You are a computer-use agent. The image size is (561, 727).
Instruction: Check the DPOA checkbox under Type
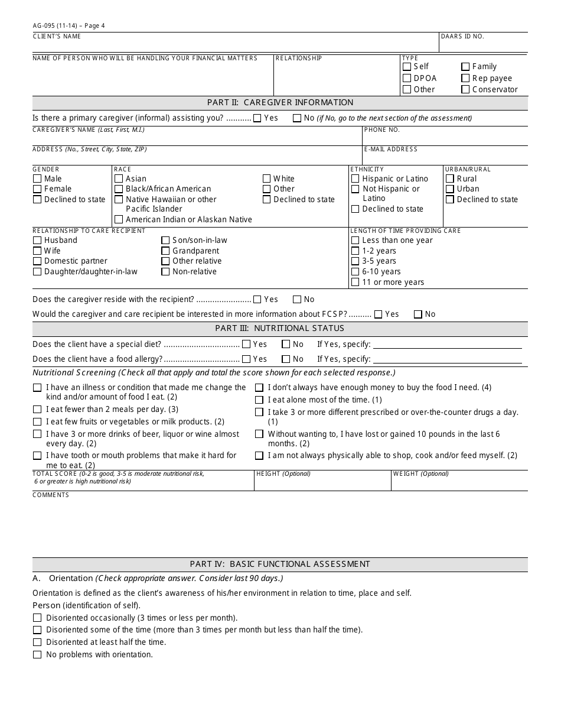point(407,78)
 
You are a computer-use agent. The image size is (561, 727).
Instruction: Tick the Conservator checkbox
point(465,89)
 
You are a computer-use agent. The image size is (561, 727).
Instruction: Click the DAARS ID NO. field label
point(462,37)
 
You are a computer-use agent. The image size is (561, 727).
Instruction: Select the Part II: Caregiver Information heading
point(280,102)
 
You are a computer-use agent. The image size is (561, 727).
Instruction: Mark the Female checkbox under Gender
point(37,189)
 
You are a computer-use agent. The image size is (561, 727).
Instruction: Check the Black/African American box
point(119,189)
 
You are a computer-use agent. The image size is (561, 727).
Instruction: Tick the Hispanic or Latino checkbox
point(355,178)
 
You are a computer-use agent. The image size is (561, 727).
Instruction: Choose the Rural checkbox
point(450,178)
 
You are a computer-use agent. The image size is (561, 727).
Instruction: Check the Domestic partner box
point(37,261)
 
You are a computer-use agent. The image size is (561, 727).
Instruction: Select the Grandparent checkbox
point(166,251)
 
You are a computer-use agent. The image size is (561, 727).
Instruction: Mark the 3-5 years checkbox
point(355,261)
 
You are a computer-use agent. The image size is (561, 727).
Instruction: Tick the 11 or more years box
point(355,282)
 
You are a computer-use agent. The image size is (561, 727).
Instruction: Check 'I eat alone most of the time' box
point(259,400)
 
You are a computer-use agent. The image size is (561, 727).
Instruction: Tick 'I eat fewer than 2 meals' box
point(37,410)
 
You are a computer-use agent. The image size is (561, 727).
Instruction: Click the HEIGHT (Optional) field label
point(283,473)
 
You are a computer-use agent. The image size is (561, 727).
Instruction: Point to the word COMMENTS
point(51,495)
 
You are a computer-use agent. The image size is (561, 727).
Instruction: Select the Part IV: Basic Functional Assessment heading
point(280,564)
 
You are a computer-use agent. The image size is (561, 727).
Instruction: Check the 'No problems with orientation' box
point(37,654)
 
